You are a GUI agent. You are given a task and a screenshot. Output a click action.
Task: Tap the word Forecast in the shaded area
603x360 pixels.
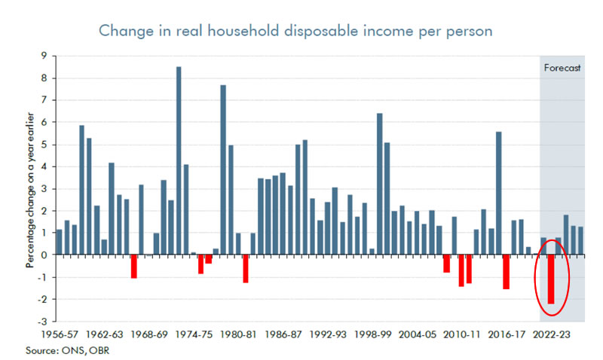(562, 68)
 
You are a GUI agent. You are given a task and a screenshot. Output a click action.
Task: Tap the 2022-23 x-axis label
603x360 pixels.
(551, 334)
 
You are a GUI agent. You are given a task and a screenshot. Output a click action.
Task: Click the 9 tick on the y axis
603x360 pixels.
(45, 56)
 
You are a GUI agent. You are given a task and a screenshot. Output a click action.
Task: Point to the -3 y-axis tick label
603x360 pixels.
(43, 322)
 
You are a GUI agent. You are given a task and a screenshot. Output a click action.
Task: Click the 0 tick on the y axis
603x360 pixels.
(45, 255)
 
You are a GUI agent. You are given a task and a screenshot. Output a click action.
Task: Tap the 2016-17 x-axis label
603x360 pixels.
(510, 334)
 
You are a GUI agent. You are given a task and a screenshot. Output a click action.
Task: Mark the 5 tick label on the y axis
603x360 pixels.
(45, 145)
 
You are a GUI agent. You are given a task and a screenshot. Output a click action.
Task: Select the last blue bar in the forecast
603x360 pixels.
(580, 240)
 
